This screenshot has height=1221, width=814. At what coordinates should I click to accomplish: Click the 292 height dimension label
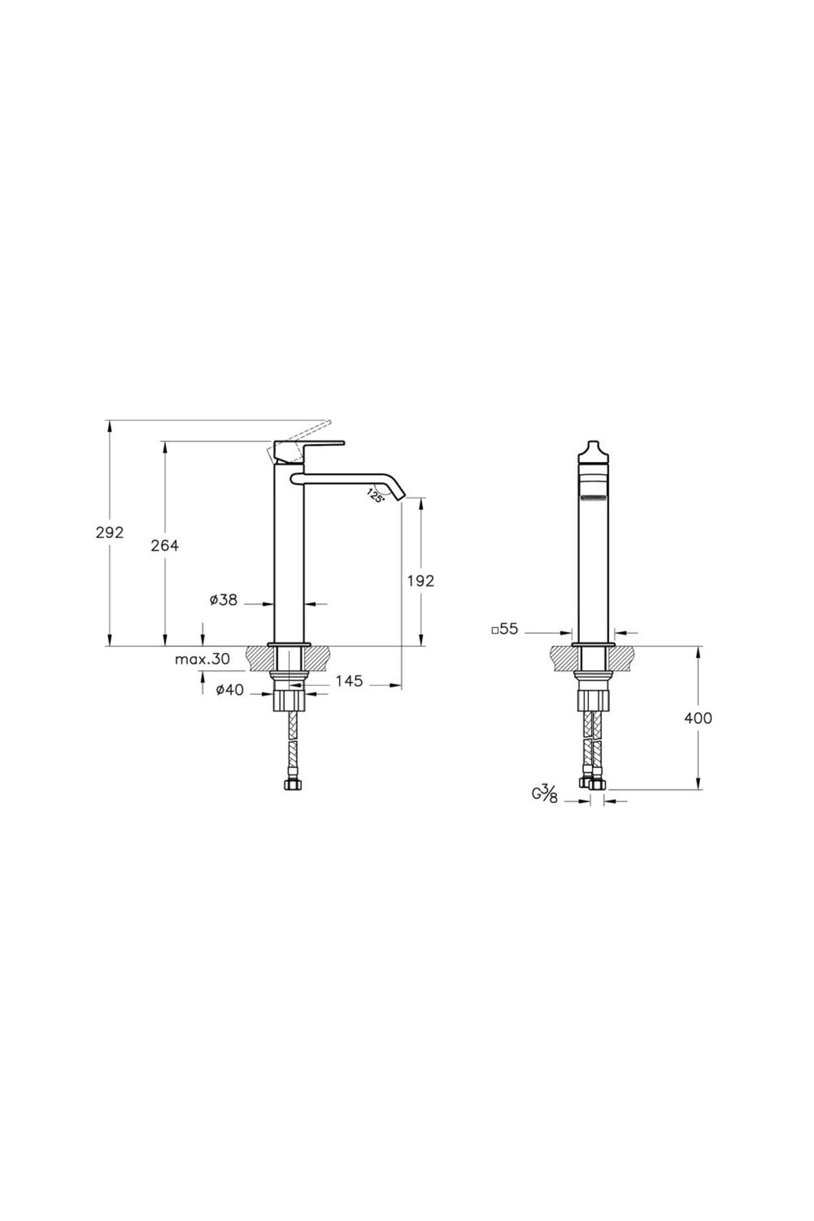point(110,532)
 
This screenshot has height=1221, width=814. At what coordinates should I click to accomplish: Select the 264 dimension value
point(165,545)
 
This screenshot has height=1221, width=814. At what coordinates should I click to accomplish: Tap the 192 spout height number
point(421,580)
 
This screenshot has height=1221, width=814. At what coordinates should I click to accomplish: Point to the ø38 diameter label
point(224,600)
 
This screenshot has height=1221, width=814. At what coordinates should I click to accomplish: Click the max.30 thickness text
point(202,659)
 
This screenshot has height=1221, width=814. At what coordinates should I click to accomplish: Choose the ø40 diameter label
point(229,690)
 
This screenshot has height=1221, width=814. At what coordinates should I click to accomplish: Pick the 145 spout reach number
point(349,680)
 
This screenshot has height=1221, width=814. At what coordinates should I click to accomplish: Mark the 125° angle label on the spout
point(376,495)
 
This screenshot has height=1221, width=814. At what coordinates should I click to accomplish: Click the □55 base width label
point(505,629)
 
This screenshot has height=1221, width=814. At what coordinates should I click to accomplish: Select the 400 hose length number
point(698,718)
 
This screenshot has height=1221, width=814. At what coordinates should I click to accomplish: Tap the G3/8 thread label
point(545,794)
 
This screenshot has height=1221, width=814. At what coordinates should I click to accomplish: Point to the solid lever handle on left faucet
point(312,446)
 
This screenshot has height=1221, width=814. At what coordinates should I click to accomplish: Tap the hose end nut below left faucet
point(290,785)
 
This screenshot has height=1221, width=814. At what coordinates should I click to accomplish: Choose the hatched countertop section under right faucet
point(563,658)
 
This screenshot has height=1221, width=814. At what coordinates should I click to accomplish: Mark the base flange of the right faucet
point(594,644)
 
